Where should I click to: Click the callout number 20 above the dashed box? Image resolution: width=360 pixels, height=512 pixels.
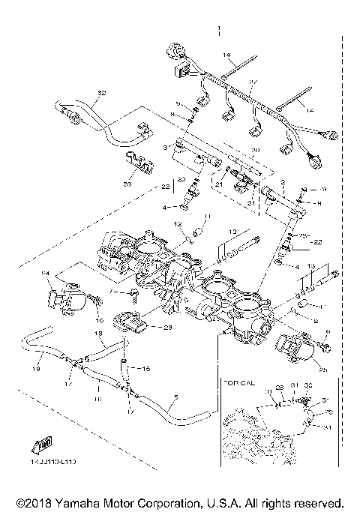pyautogui.click(x=233, y=150)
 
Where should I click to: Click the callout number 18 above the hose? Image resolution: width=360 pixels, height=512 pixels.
pyautogui.click(x=97, y=332)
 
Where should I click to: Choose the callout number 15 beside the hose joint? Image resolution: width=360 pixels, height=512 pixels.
pyautogui.click(x=145, y=370)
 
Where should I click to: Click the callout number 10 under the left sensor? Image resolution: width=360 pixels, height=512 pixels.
pyautogui.click(x=99, y=320)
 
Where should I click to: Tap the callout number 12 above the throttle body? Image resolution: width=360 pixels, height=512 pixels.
pyautogui.click(x=178, y=224)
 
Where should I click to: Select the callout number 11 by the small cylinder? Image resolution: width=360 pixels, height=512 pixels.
pyautogui.click(x=208, y=217)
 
